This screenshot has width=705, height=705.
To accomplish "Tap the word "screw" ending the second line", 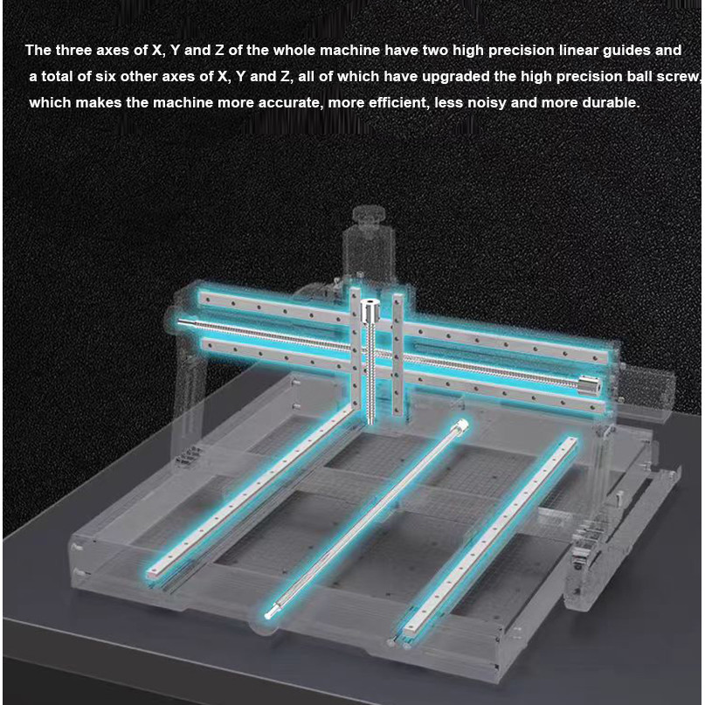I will [x=681, y=77].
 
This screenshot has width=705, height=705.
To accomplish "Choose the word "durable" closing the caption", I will [x=612, y=103].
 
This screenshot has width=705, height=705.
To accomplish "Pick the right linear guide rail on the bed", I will [x=489, y=533].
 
